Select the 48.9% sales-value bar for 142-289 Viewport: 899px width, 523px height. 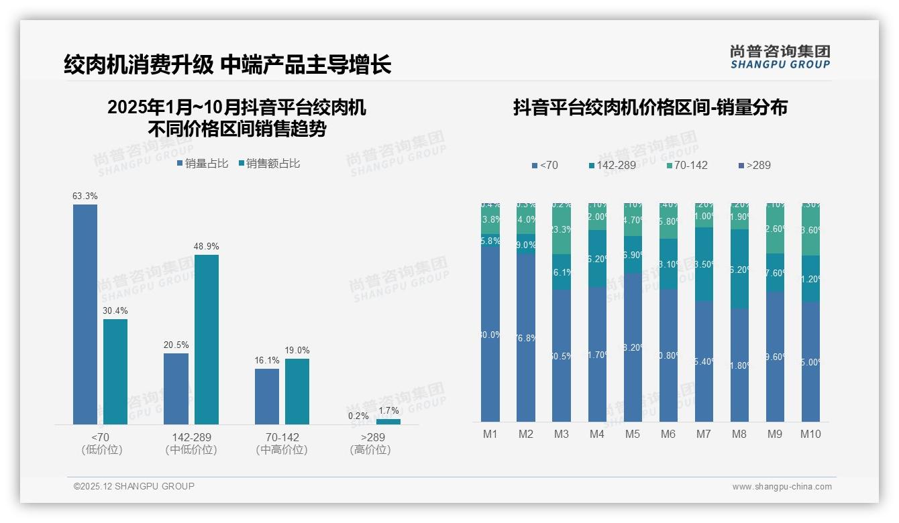pyautogui.click(x=207, y=339)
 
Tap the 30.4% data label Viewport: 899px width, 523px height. pyautogui.click(x=115, y=311)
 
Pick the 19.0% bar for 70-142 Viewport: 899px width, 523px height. pyautogui.click(x=297, y=392)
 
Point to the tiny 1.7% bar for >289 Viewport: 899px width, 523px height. pyautogui.click(x=388, y=422)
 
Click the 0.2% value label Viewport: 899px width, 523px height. pyautogui.click(x=358, y=416)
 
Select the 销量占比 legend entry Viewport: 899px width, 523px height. pyautogui.click(x=203, y=164)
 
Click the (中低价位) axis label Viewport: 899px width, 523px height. pyautogui.click(x=191, y=450)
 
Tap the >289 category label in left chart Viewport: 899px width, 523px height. pyautogui.click(x=370, y=437)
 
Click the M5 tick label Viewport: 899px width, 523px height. pyautogui.click(x=633, y=434)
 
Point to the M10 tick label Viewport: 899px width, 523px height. pyautogui.click(x=810, y=434)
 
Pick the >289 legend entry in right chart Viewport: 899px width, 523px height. pyautogui.click(x=754, y=165)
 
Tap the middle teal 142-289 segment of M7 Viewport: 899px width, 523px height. pyautogui.click(x=704, y=264)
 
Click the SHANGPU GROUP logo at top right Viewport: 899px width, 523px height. pyautogui.click(x=780, y=57)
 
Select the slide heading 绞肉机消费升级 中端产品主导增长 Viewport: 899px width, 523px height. pyautogui.click(x=227, y=65)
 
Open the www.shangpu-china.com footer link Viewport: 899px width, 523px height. pyautogui.click(x=782, y=487)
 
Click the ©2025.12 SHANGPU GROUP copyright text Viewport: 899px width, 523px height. pyautogui.click(x=134, y=486)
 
